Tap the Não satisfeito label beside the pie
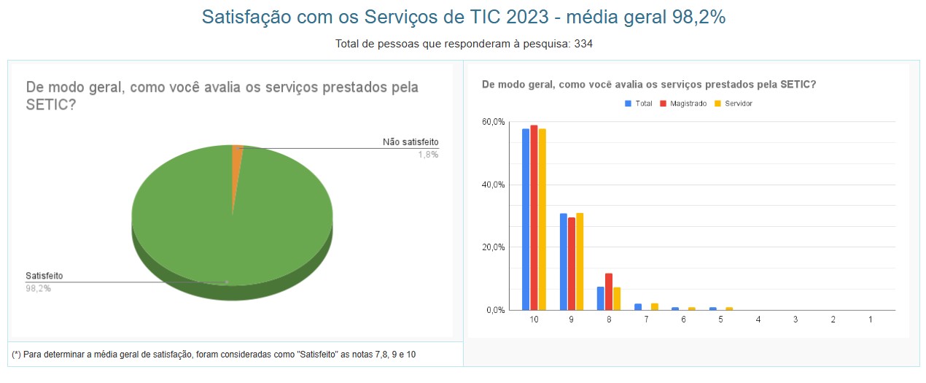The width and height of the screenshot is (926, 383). click(x=411, y=142)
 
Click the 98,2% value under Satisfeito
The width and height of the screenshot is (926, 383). click(x=38, y=288)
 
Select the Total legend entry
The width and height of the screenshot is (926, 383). click(x=639, y=104)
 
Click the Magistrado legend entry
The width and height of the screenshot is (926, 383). click(x=683, y=104)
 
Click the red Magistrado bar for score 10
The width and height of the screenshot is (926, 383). click(x=534, y=219)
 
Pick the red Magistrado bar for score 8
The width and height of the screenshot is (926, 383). click(x=609, y=292)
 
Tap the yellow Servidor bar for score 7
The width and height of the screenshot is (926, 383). click(x=654, y=306)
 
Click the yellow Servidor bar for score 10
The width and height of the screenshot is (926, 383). click(x=542, y=219)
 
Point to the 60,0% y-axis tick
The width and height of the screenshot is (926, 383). click(x=494, y=122)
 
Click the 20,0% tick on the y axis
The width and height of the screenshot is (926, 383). click(x=494, y=247)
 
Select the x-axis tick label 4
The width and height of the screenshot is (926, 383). click(x=758, y=320)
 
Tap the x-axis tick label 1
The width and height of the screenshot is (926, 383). click(x=871, y=320)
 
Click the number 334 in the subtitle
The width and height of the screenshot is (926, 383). click(x=583, y=44)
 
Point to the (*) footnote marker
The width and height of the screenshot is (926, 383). click(x=16, y=354)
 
